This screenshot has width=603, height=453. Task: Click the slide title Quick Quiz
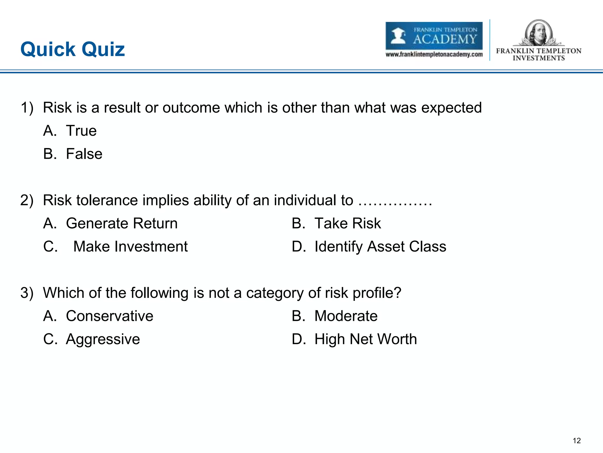coord(72,49)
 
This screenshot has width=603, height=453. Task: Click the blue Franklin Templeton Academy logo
coord(434,36)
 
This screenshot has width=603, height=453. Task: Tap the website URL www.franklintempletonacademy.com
coord(434,55)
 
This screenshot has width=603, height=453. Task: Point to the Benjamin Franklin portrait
coord(539,32)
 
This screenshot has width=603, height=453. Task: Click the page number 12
coord(577,441)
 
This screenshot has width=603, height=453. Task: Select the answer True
coord(81,131)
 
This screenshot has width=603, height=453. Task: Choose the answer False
coord(84,154)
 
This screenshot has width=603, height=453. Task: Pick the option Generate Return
coord(122,223)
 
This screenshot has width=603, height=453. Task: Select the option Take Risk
coord(347,223)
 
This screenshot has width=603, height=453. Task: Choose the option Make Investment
coord(130,247)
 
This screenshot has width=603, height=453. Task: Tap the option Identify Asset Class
coord(380,247)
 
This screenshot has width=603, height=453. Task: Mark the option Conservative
coord(110,316)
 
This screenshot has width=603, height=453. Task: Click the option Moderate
coord(346,316)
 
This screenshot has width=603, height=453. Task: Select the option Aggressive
coord(103,339)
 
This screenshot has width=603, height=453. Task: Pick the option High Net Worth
coord(365,339)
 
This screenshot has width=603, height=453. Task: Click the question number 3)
coord(27,293)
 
